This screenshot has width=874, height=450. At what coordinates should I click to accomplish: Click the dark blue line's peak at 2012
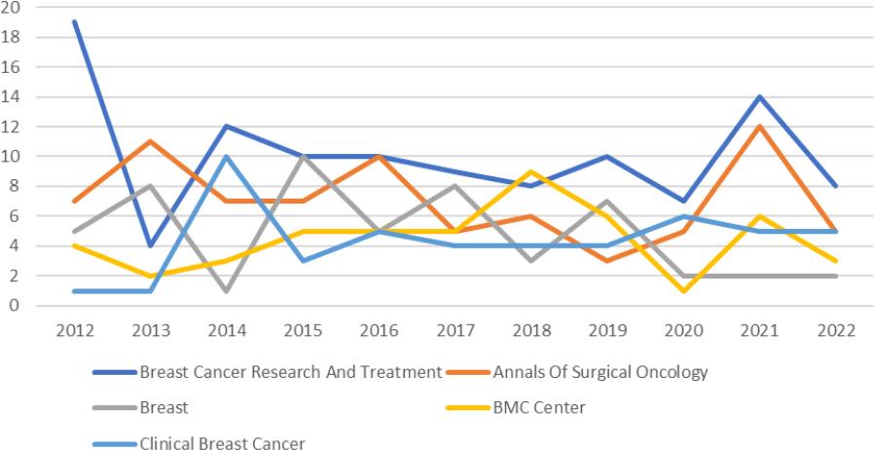click(75, 21)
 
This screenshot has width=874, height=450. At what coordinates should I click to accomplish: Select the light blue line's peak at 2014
click(228, 156)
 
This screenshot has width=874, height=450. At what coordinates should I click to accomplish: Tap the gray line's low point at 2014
click(228, 290)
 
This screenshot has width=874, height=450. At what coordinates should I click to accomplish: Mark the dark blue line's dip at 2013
click(152, 245)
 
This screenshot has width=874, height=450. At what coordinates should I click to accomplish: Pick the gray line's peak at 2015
click(304, 156)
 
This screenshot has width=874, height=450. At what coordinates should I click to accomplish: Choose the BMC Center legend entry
click(539, 407)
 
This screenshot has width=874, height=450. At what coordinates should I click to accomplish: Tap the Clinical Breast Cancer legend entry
click(222, 443)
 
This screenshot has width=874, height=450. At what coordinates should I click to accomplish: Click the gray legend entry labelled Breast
click(164, 407)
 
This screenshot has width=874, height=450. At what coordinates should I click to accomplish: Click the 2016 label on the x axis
click(380, 329)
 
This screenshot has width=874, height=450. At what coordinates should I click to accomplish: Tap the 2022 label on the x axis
click(836, 329)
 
